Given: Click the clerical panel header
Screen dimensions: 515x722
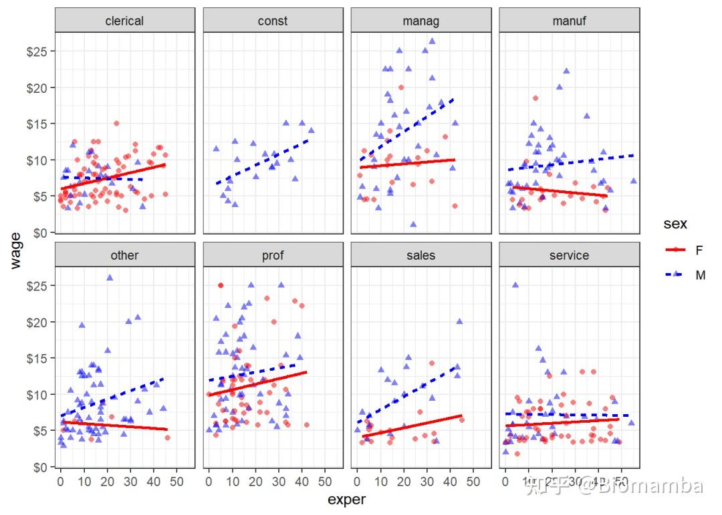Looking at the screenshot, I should (x=124, y=21).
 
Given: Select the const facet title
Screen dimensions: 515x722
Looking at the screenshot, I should (x=273, y=21).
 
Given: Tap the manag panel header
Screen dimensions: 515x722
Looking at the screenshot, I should (x=421, y=21).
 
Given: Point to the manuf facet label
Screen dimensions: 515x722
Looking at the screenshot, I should (x=570, y=21).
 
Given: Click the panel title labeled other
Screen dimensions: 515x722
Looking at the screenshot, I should (x=124, y=255).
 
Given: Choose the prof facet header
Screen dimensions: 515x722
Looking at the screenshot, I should (x=273, y=255).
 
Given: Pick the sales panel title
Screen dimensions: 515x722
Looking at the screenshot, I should (x=421, y=255).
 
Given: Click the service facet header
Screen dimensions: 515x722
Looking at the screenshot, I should (x=570, y=255).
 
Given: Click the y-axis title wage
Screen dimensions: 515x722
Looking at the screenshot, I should (x=16, y=249).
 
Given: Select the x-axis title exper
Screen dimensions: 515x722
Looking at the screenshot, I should (x=347, y=500).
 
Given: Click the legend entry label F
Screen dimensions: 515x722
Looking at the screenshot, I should (x=699, y=250).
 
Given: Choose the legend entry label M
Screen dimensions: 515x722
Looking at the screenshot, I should (x=700, y=275).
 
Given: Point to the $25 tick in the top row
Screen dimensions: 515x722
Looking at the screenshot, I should (x=37, y=51).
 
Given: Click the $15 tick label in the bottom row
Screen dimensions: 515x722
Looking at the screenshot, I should (x=37, y=358).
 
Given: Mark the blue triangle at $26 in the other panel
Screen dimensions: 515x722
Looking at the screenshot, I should (x=110, y=277).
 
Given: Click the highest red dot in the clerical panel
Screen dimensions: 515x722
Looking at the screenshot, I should (x=116, y=124).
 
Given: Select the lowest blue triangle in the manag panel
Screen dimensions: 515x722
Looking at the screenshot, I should (x=413, y=224).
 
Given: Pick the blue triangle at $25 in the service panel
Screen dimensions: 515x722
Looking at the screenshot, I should (x=515, y=285).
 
